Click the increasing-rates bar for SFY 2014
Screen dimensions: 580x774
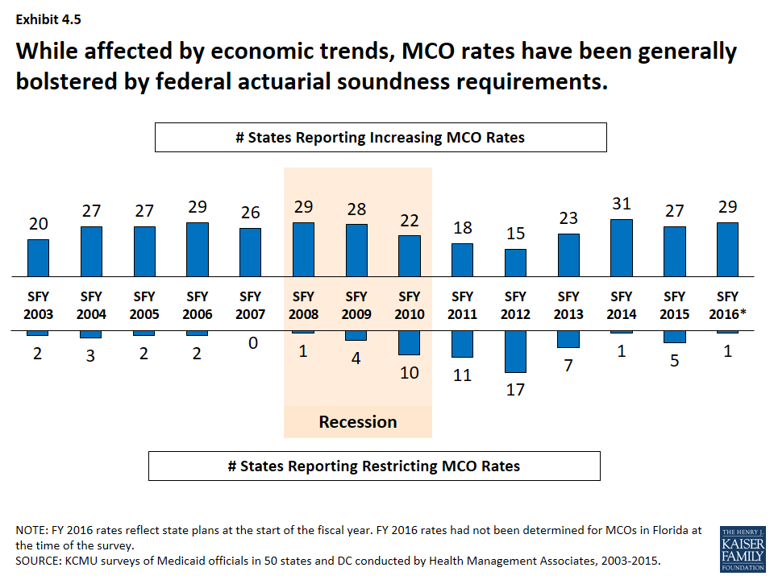pos(622,248)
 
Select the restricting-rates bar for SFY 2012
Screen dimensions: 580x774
pos(516,351)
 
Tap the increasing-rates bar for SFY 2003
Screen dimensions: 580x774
pos(38,258)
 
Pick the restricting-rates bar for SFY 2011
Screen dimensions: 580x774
pos(463,344)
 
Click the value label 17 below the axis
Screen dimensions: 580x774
pos(516,389)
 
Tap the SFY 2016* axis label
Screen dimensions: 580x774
pos(728,305)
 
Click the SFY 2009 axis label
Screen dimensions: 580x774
pos(356,305)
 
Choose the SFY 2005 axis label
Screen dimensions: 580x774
pos(144,305)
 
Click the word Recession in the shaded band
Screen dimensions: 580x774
pos(358,422)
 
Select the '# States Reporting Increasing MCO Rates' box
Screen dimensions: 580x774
pos(381,137)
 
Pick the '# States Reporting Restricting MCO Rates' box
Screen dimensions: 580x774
pos(374,466)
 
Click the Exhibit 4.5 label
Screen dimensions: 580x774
pos(48,17)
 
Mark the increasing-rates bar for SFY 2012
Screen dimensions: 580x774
pos(516,263)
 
